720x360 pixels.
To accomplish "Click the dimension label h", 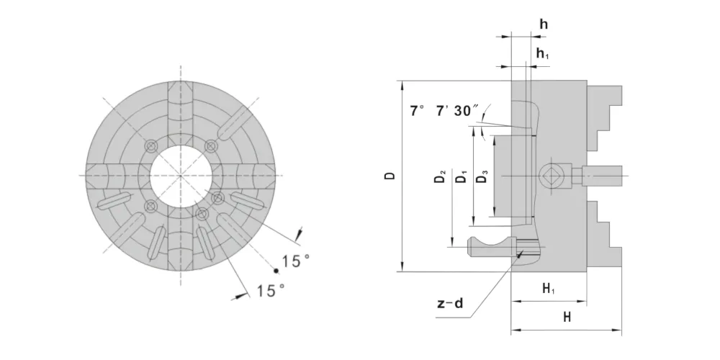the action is pyautogui.click(x=544, y=24).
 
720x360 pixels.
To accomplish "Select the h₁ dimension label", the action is pyautogui.click(x=543, y=54).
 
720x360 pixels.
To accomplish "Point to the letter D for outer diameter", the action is pyautogui.click(x=390, y=176).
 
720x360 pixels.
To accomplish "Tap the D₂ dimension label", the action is pyautogui.click(x=440, y=176).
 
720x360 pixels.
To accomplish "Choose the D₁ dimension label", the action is pyautogui.click(x=461, y=176).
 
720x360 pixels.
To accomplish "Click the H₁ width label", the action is pyautogui.click(x=549, y=289).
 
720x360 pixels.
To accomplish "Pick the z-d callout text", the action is pyautogui.click(x=450, y=304).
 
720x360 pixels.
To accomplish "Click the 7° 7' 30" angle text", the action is pyautogui.click(x=444, y=111).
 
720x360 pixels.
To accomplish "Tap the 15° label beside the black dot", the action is pyautogui.click(x=296, y=261).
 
